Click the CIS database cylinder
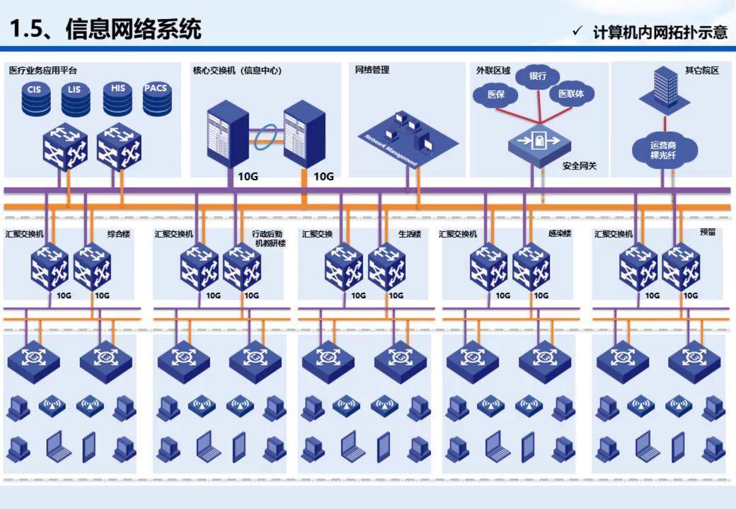tap(36, 99)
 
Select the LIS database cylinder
tap(76, 99)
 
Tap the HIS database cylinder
tap(117, 98)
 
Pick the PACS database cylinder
tap(156, 98)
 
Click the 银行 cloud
tap(538, 76)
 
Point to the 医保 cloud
tap(497, 93)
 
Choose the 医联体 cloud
tap(571, 93)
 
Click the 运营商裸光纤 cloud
tap(664, 149)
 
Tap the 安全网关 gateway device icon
tap(539, 142)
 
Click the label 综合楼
tap(119, 233)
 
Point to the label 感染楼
tap(559, 233)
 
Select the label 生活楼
tap(409, 234)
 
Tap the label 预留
tap(707, 232)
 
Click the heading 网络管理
tap(372, 70)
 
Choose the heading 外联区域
tap(493, 71)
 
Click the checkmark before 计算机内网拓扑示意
tap(577, 31)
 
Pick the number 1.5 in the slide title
tap(28, 29)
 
